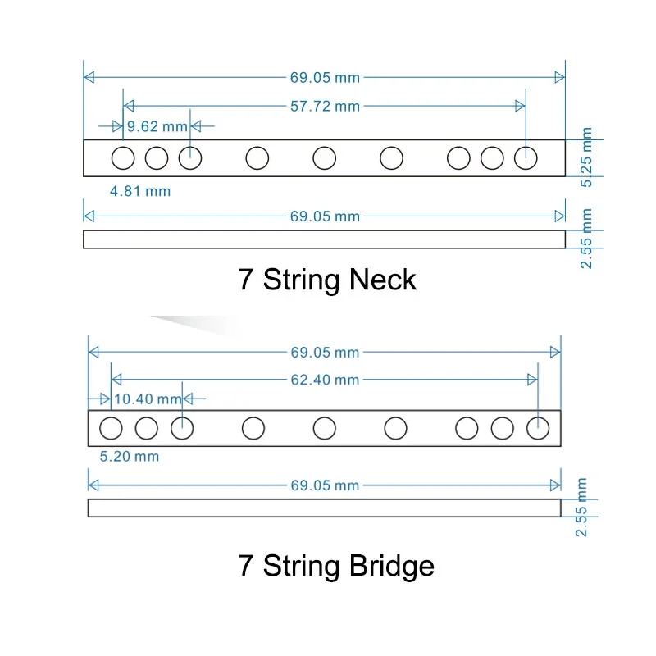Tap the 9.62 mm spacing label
coord(157,126)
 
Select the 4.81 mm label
coord(140,191)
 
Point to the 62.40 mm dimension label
coord(324,380)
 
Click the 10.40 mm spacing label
coord(147,399)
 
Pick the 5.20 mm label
coord(130,457)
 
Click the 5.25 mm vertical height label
coord(586,157)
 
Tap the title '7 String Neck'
coord(327,280)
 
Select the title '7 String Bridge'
coord(336,566)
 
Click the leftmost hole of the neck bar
coord(123,157)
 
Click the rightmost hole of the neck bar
coord(526,157)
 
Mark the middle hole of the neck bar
coord(325,157)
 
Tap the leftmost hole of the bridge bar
coord(111,427)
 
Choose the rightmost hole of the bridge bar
coord(538,427)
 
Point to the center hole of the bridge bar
coord(325,427)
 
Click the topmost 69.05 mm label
coord(324,78)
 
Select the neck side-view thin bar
coord(324,239)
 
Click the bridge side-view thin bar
coord(324,508)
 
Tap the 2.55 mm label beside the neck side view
coord(586,238)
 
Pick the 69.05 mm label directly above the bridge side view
coord(324,485)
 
